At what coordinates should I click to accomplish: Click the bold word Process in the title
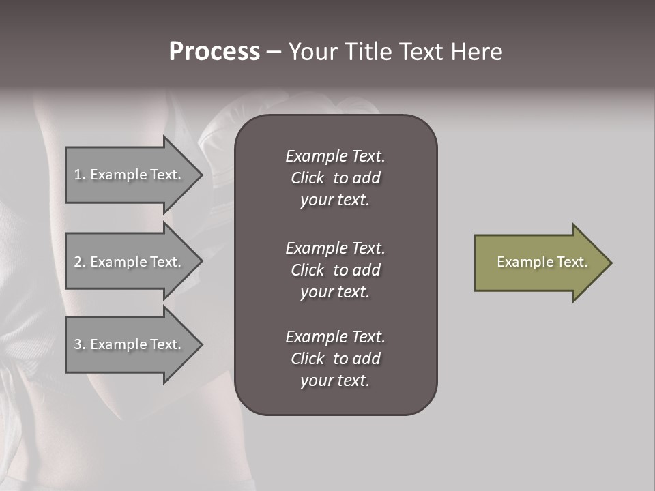click(x=214, y=52)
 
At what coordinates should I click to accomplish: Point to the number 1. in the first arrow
click(x=80, y=175)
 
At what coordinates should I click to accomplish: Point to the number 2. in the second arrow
click(x=80, y=262)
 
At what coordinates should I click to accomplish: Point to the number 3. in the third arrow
click(x=80, y=344)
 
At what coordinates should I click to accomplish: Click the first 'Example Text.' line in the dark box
click(x=335, y=156)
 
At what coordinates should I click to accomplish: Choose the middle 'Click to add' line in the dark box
click(x=335, y=270)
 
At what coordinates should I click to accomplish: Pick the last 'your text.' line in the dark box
click(x=335, y=381)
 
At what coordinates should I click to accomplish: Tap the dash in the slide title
click(x=274, y=52)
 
